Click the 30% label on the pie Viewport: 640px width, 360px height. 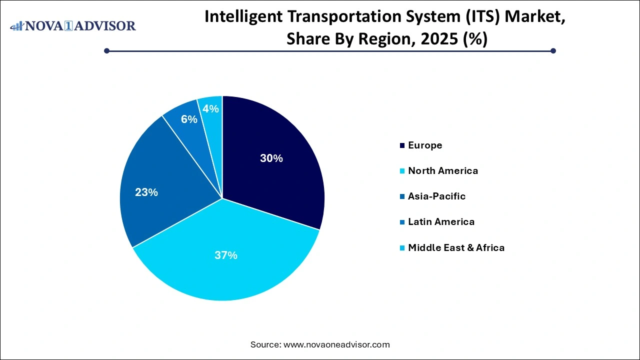click(271, 158)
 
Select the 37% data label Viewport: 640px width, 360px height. click(226, 255)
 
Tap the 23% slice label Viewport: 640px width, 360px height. click(146, 192)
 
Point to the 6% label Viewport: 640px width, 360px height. click(189, 119)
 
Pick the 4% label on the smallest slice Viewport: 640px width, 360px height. click(211, 108)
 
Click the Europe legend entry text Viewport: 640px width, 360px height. click(425, 145)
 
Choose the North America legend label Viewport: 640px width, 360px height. click(443, 171)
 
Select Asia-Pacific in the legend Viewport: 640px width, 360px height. click(436, 196)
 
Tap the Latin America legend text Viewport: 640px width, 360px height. click(441, 222)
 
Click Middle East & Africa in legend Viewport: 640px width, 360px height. click(456, 247)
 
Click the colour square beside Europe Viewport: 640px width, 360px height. click(402, 146)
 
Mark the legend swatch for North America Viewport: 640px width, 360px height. click(402, 171)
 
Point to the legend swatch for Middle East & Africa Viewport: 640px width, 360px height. click(402, 248)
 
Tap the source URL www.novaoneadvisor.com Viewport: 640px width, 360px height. click(336, 344)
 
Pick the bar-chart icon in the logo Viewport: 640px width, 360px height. click(17, 26)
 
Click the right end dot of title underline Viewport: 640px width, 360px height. click(553, 50)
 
